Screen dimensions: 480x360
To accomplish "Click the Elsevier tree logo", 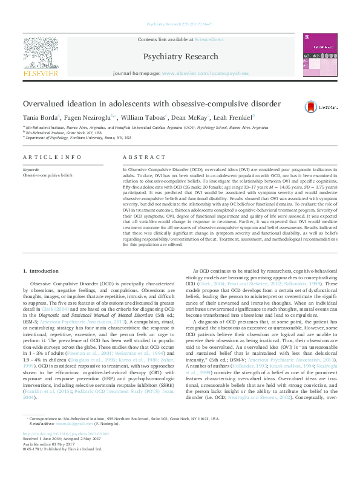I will click(41, 53).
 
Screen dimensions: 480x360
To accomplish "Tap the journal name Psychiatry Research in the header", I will click(180, 57).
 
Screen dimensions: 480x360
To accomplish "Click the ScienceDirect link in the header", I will click(209, 39).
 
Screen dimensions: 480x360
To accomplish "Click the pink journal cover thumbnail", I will click(320, 55).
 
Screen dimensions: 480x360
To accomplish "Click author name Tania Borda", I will click(40, 117).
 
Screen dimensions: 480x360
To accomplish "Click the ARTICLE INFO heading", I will click(52, 157).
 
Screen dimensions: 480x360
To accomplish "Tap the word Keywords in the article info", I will click(32, 170).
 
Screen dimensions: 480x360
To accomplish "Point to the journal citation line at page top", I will click(180, 24).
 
